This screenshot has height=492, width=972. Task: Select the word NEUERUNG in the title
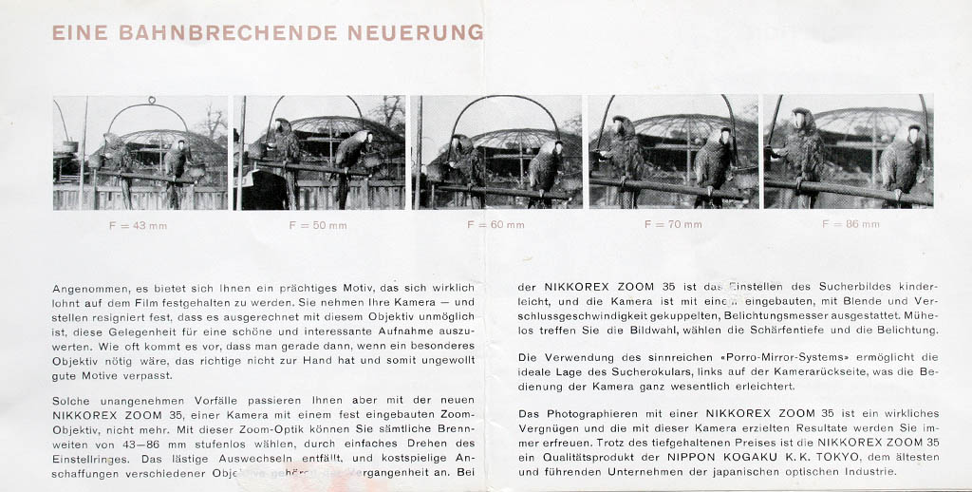(x=415, y=33)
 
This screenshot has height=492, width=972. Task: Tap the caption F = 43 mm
(x=140, y=225)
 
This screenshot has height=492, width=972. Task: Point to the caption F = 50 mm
(x=318, y=225)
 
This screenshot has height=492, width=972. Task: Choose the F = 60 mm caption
(x=495, y=225)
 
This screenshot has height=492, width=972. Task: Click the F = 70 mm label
(x=673, y=225)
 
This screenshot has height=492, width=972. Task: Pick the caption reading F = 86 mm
(x=850, y=225)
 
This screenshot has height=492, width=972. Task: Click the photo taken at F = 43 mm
(x=140, y=152)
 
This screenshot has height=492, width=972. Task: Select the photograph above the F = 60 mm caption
(x=495, y=152)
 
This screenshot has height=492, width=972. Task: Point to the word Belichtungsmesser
(x=780, y=314)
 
